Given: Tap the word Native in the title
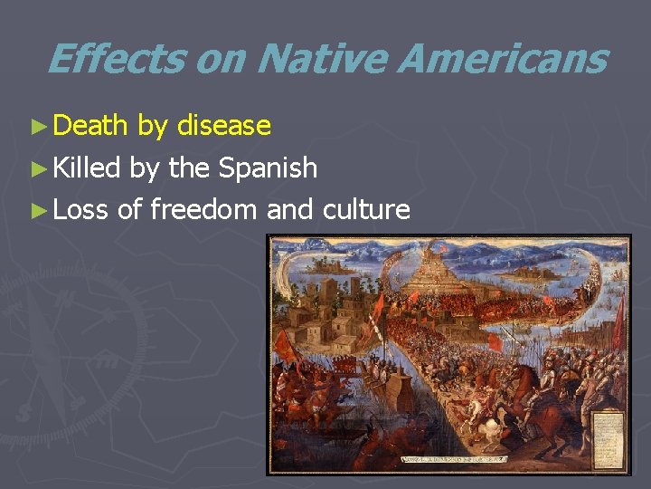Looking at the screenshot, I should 321,60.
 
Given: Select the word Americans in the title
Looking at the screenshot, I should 502,60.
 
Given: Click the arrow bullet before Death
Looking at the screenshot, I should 37,127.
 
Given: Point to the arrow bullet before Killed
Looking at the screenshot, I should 37,168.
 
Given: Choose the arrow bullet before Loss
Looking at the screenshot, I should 37,211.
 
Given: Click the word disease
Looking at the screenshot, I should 224,125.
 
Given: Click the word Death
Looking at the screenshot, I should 90,125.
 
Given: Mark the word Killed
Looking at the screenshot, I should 87,168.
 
